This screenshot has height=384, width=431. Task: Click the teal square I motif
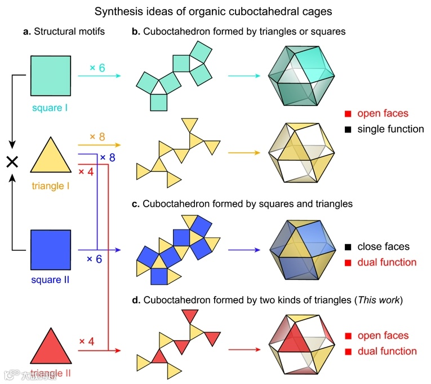tap(51, 76)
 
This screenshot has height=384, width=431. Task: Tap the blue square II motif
tap(51, 250)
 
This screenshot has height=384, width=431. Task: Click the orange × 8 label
tap(98, 136)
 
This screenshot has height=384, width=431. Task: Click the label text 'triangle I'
tap(50, 185)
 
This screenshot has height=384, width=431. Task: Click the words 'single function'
tap(390, 129)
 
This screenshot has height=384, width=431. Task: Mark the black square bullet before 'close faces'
tap(348, 246)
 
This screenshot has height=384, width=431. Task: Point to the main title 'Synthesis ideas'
tap(215, 11)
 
